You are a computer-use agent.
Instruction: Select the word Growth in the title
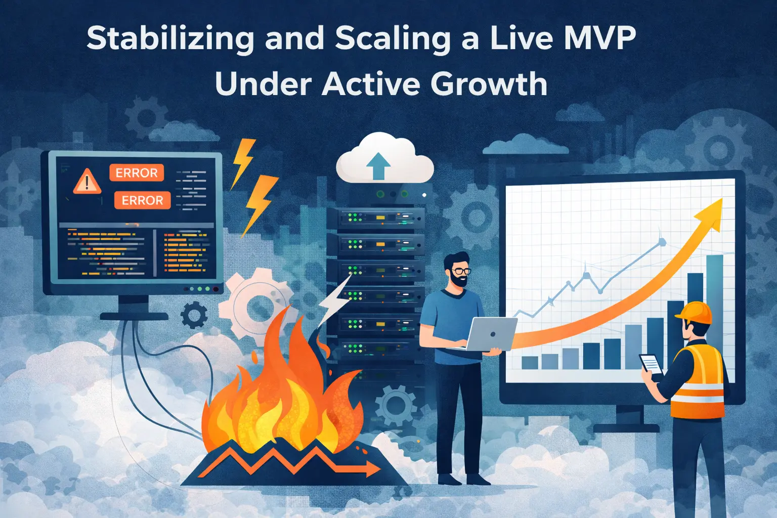489,84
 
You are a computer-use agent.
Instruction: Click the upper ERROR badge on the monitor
137,173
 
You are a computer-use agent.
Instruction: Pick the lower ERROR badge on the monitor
142,200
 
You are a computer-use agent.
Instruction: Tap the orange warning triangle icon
87,181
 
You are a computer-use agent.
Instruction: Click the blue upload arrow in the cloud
378,165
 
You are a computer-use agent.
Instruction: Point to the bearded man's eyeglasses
460,272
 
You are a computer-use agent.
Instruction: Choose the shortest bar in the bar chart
530,362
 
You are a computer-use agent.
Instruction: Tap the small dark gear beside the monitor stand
194,315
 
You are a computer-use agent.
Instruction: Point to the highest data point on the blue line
662,242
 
